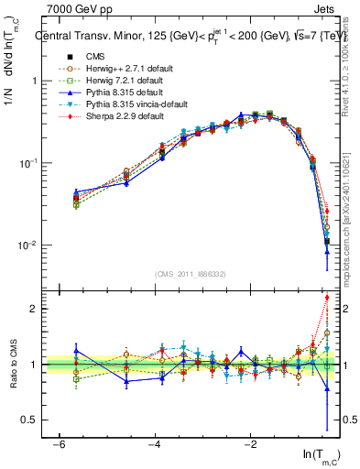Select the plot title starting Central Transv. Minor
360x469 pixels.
pyautogui.click(x=183, y=38)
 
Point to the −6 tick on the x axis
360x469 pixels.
pyautogui.click(x=59, y=443)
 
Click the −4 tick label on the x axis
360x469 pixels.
pyautogui.click(x=154, y=443)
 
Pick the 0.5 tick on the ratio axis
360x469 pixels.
pyautogui.click(x=33, y=420)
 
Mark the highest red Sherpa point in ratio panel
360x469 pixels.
pyautogui.click(x=327, y=298)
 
